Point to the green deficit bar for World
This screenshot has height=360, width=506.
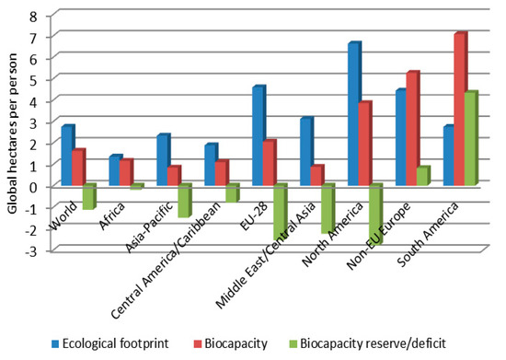pyautogui.click(x=89, y=196)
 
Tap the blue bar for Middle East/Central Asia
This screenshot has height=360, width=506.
pyautogui.click(x=305, y=152)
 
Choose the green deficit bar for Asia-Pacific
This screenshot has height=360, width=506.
pyautogui.click(x=184, y=200)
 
